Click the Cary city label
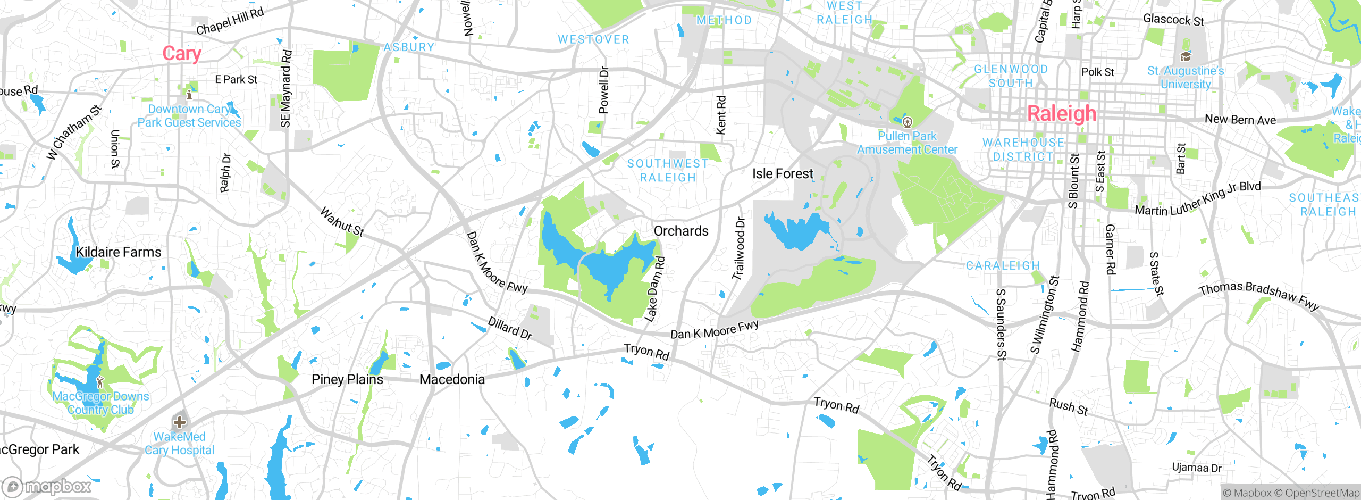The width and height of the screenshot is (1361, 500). coord(182,54)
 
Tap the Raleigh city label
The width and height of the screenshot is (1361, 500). coord(1061,113)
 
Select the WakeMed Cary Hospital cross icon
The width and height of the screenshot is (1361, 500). coord(180,422)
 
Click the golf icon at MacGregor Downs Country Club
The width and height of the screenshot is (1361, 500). coord(100,381)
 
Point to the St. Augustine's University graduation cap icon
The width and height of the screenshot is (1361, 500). coord(1185,56)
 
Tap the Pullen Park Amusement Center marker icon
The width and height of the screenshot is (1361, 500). coord(908,122)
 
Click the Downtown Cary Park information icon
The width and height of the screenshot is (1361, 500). coord(189,95)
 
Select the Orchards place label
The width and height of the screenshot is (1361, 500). coord(680,231)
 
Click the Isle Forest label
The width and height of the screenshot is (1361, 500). coord(782,174)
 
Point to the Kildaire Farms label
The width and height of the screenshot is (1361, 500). coord(118,252)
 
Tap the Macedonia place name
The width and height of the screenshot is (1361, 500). coord(452,379)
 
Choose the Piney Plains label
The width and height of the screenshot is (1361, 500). coord(347,379)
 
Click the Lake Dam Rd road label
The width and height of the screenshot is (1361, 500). coord(654,289)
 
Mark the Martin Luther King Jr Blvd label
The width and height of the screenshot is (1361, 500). coord(1197,199)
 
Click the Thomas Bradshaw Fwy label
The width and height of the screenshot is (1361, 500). coord(1258,295)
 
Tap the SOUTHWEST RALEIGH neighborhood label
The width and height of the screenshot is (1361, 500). coord(668,170)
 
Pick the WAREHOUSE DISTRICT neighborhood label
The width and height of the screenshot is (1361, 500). coord(1023,149)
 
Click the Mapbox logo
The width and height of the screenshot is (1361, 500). coord(47,486)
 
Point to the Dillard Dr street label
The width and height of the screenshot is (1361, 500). coord(510,328)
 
